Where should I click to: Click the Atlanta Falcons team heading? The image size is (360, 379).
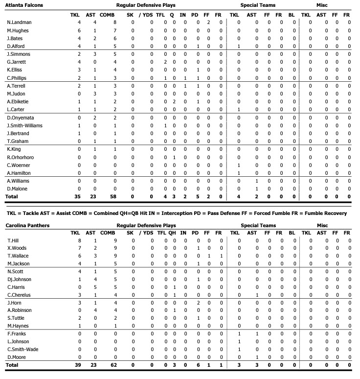pyautogui.click(x=24, y=5)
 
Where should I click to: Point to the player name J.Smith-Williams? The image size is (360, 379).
pyautogui.click(x=25, y=125)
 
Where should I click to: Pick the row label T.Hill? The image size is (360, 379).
pyautogui.click(x=13, y=241)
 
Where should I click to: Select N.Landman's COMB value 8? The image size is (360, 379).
pyautogui.click(x=114, y=23)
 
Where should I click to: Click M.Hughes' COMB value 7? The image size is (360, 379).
pyautogui.click(x=114, y=30)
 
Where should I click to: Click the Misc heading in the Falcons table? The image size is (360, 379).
pyautogui.click(x=322, y=5)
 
